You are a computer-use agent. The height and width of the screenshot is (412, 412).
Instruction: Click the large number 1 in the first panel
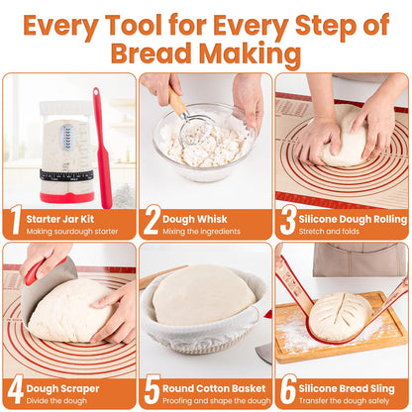(x=15, y=220)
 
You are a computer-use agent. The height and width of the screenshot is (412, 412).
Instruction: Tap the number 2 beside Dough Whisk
(x=151, y=220)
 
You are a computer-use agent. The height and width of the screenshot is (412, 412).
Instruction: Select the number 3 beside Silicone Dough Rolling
(x=286, y=220)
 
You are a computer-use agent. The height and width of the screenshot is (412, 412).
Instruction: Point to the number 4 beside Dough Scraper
(x=15, y=389)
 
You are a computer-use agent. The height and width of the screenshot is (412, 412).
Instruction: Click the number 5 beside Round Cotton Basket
(x=151, y=389)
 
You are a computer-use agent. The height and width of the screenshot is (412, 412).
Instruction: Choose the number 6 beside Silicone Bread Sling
(x=286, y=389)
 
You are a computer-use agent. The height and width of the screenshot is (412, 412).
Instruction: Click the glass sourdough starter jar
(x=65, y=149)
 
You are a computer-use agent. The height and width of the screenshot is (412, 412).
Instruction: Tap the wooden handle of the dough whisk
(x=176, y=100)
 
